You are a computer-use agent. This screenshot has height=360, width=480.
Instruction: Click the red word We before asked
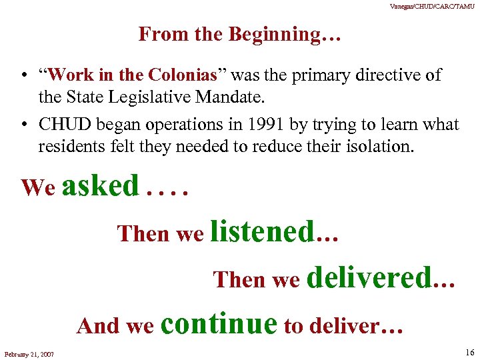click(x=38, y=188)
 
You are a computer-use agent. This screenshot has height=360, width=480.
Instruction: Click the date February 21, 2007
click(x=29, y=353)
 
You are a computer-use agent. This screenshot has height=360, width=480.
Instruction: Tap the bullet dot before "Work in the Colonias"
click(x=23, y=75)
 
